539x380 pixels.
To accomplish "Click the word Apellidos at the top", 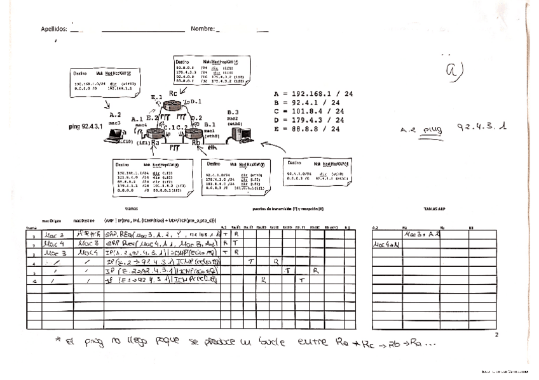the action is (54, 29).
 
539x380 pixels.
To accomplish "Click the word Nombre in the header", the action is (201, 29).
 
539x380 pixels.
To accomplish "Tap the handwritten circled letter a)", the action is (453, 72).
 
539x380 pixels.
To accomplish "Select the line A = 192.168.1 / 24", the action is (313, 93).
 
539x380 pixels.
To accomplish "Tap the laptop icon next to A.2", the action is (116, 134).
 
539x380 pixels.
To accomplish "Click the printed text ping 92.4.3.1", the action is (86, 126).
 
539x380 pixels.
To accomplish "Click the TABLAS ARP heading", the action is (435, 208).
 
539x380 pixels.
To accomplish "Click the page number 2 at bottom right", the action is (496, 334).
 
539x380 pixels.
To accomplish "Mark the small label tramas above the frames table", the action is (131, 208).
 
